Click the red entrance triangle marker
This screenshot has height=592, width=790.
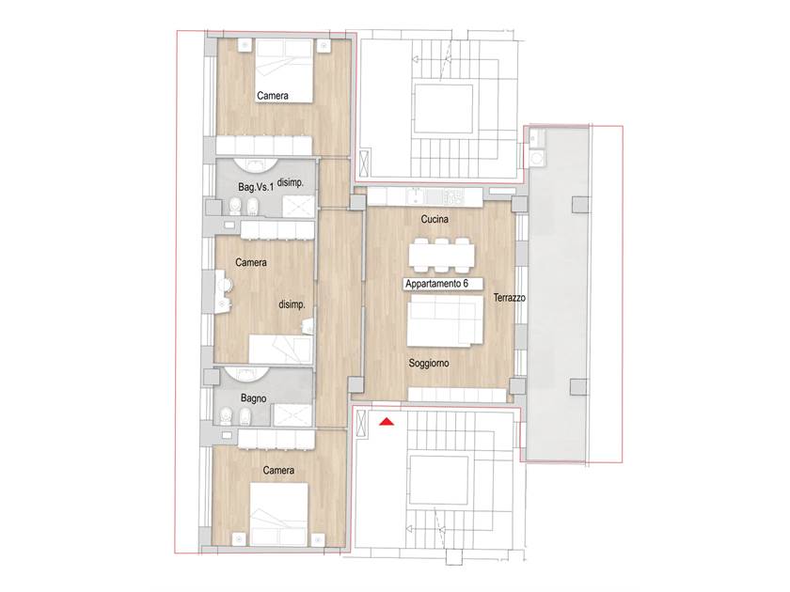(x=387, y=422)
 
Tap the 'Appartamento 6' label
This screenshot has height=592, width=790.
(x=436, y=284)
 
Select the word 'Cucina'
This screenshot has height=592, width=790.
(x=434, y=220)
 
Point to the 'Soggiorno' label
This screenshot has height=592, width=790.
(x=429, y=363)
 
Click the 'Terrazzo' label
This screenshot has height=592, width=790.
(x=510, y=298)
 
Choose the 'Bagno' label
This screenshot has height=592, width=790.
(x=253, y=398)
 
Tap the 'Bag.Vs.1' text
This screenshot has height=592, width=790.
(x=256, y=187)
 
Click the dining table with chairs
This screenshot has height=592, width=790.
(x=442, y=255)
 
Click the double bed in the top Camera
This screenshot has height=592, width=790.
(x=285, y=71)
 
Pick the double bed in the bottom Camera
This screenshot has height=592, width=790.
(x=279, y=514)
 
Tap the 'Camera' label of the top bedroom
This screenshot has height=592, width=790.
(x=273, y=96)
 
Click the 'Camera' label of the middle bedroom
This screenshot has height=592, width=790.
(x=251, y=262)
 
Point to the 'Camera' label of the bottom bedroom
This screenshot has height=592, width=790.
(x=278, y=470)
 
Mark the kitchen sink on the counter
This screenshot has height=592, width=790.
(x=418, y=195)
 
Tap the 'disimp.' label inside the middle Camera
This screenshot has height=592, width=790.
(x=292, y=304)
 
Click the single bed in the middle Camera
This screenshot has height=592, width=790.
(x=280, y=350)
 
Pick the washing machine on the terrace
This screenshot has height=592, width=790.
(x=537, y=159)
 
